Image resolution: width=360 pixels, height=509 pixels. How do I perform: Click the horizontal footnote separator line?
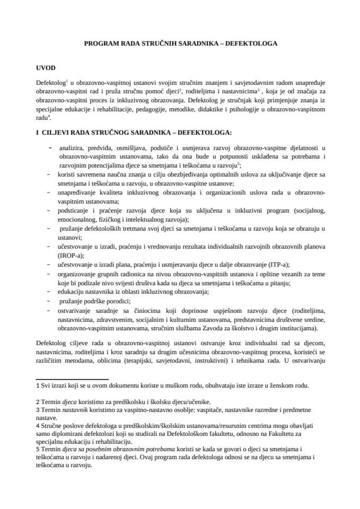pyautogui.click(x=71, y=379)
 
